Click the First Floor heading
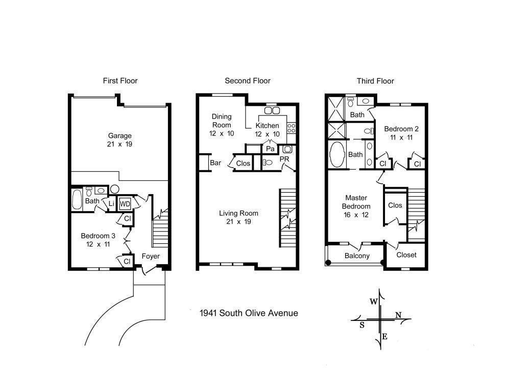pos(120,81)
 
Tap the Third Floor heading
pos(375,81)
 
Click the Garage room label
pos(119,135)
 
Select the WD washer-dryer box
pos(125,204)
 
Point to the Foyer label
pos(151,257)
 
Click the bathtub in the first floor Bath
pos(77,199)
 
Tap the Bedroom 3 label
pos(98,236)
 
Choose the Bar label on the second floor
pos(215,163)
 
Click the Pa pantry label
pos(270,149)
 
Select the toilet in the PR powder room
pos(267,163)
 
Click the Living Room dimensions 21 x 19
pos(238,222)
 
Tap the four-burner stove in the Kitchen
pos(292,128)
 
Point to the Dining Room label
pos(222,121)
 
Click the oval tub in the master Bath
pos(336,154)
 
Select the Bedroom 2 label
pos(401,129)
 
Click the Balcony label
pos(357,256)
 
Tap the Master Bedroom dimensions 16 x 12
pos(356,215)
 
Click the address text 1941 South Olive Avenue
pos(249,313)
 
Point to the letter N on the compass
pos(398,315)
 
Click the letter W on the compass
pos(374,302)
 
